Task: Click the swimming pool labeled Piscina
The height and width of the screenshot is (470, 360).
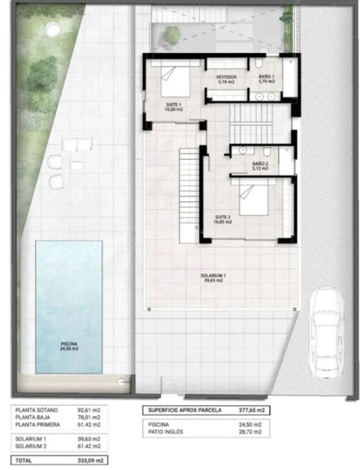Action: [69, 307]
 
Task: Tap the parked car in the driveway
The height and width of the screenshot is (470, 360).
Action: [326, 333]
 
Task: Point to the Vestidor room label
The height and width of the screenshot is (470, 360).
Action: [226, 79]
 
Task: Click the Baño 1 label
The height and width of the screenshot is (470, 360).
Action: [267, 79]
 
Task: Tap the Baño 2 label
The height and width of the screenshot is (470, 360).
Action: [260, 166]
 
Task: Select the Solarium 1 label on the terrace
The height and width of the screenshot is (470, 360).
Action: [213, 278]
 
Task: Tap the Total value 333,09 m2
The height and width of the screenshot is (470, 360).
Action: [90, 460]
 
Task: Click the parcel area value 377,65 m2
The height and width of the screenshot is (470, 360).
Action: [252, 410]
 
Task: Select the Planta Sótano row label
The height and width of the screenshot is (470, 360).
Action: [36, 409]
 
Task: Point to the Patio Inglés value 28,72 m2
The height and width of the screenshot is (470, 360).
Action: [250, 432]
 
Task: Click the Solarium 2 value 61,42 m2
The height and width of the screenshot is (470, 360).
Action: [89, 446]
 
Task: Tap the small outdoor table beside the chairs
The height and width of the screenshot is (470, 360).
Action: [77, 166]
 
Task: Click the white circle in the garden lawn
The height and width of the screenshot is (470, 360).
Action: [54, 29]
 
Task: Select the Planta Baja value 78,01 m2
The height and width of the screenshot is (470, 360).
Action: [89, 417]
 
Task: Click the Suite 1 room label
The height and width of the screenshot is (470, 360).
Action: [174, 107]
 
